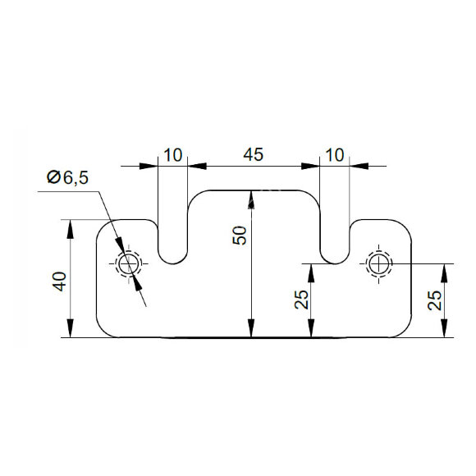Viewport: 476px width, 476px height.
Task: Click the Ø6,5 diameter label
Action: click(67, 177)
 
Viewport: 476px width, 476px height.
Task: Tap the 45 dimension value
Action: click(253, 154)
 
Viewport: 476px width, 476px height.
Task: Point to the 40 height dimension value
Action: click(59, 281)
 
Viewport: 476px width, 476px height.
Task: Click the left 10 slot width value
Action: click(173, 155)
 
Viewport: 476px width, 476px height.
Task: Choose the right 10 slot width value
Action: click(335, 155)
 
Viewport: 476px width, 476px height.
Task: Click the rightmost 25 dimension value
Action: click(435, 300)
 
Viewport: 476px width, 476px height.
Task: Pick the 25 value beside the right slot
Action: click(301, 300)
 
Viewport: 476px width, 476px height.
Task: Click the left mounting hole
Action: click(129, 264)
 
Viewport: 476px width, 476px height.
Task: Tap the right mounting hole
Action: click(378, 263)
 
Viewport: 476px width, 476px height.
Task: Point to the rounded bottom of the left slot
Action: click(172, 263)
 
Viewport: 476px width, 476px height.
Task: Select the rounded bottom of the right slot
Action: click(335, 263)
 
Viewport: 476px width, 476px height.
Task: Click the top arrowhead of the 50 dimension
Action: click(251, 199)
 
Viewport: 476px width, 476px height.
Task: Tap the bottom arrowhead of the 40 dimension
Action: click(70, 328)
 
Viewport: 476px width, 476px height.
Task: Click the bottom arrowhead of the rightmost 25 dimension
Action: click(444, 328)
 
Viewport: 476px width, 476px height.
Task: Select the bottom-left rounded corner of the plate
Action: click(103, 331)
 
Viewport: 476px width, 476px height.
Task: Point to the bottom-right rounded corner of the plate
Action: click(405, 331)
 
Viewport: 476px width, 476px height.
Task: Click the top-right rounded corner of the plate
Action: click(405, 226)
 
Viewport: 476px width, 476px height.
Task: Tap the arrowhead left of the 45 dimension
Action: click(197, 166)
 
